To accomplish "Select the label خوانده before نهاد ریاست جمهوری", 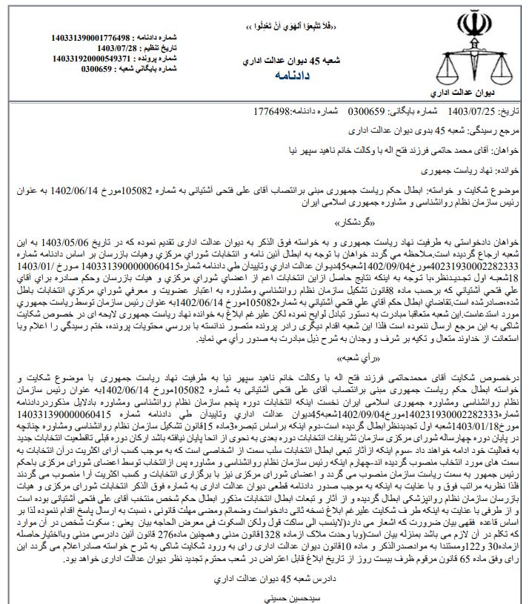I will click(x=508, y=169).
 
